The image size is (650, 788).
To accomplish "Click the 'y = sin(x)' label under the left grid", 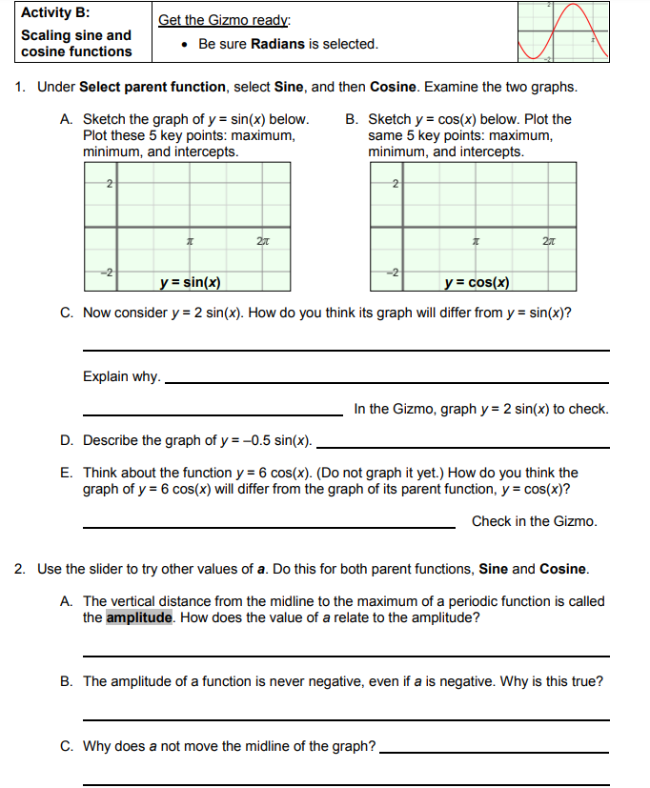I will [x=191, y=282].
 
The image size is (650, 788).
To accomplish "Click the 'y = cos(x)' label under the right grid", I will [x=477, y=282].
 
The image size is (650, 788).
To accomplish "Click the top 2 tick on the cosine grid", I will [x=394, y=182].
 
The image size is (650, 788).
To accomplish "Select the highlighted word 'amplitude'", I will [x=139, y=617].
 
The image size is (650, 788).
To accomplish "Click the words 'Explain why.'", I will [x=121, y=376].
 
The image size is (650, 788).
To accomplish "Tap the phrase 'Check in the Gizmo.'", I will [x=535, y=521].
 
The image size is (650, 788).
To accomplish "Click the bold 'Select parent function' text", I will [x=152, y=87].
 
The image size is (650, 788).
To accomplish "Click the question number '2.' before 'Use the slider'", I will [x=21, y=569].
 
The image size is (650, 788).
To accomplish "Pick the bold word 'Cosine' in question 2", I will [x=563, y=569].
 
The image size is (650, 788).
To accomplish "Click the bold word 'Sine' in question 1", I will [x=289, y=87].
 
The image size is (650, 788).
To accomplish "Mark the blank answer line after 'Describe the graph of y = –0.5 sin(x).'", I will [x=462, y=446].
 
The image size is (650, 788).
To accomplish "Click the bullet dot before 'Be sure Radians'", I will [x=183, y=45].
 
